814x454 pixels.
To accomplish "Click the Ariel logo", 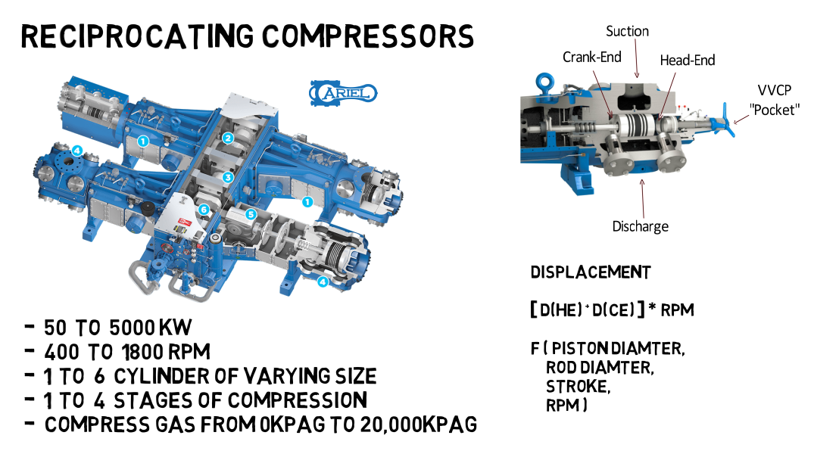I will (x=343, y=93).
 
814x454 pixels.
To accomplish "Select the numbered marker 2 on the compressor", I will (x=227, y=138).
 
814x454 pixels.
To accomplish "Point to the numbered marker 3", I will (x=227, y=177).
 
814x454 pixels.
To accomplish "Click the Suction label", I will (x=627, y=31).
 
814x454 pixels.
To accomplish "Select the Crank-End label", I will (x=592, y=58).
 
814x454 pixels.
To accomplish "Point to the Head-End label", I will (x=687, y=60).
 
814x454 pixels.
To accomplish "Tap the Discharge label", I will (x=640, y=225).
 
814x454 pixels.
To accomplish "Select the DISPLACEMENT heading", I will (x=590, y=272).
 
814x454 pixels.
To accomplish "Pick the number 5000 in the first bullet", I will (x=133, y=328).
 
